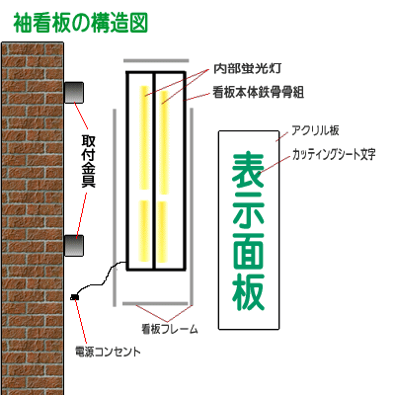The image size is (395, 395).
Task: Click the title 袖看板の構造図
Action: click(x=81, y=23)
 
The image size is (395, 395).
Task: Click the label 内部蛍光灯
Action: click(x=247, y=68)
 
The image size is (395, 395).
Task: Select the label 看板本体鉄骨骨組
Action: click(x=258, y=92)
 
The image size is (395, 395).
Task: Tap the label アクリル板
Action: click(x=315, y=130)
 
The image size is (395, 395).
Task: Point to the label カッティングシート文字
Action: click(x=334, y=154)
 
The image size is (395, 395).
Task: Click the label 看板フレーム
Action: click(x=170, y=329)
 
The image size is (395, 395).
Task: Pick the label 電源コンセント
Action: click(x=108, y=352)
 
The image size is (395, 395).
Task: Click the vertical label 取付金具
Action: click(x=89, y=161)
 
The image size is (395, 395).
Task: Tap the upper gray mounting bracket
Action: click(x=73, y=92)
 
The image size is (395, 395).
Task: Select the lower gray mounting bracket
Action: click(x=73, y=246)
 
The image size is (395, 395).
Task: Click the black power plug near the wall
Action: click(x=75, y=297)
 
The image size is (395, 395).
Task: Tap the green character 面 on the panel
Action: click(x=248, y=252)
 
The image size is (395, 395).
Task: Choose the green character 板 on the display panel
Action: click(x=248, y=291)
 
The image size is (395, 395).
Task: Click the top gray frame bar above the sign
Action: click(x=156, y=60)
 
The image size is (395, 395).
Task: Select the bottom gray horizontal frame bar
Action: click(x=155, y=303)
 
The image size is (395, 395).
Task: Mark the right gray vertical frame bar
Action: click(x=192, y=206)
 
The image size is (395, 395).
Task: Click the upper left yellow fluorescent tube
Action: click(x=144, y=137)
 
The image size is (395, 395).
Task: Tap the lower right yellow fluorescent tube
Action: click(x=162, y=232)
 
